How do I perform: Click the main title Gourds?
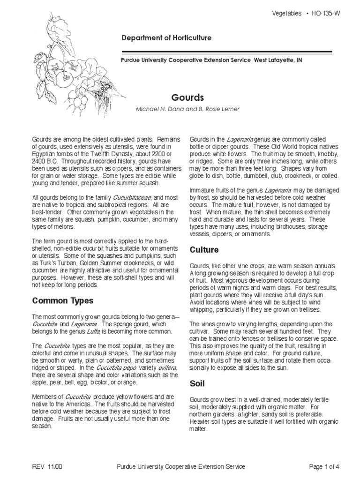(188, 98)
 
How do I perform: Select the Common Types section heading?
(62, 300)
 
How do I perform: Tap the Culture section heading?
(204, 250)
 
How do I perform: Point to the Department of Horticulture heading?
(166, 38)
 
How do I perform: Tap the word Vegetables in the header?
(287, 14)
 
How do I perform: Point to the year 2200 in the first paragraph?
(157, 153)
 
